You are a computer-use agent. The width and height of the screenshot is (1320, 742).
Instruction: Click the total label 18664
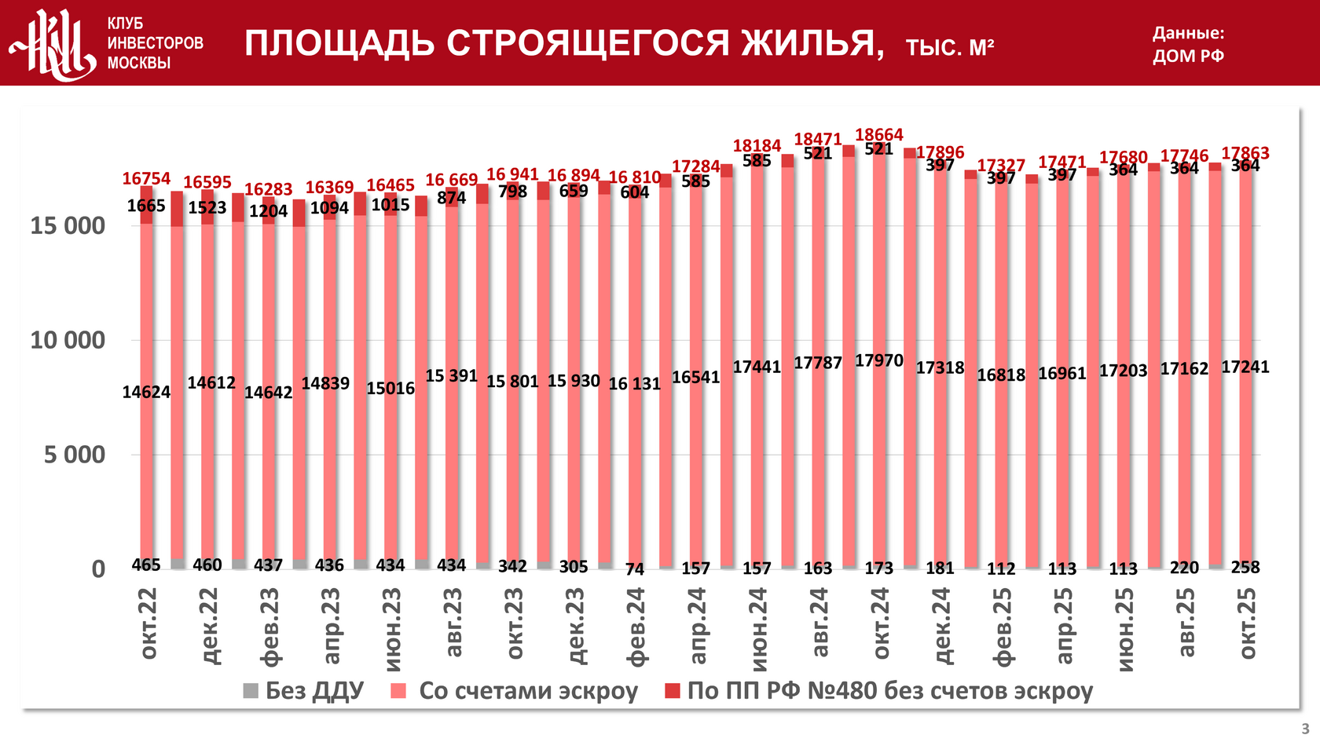pyautogui.click(x=879, y=135)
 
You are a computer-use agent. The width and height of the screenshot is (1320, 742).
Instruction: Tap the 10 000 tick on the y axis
pyautogui.click(x=68, y=340)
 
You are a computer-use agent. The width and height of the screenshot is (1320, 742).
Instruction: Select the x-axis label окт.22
pyautogui.click(x=148, y=623)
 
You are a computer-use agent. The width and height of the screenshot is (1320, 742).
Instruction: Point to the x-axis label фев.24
pyautogui.click(x=636, y=627)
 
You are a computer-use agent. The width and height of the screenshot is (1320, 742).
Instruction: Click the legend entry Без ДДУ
pyautogui.click(x=304, y=691)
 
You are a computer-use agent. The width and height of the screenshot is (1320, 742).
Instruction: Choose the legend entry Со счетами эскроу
pyautogui.click(x=515, y=691)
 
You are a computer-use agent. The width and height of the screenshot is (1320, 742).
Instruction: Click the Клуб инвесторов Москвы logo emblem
pyautogui.click(x=52, y=44)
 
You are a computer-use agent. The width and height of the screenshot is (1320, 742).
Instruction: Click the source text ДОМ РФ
pyautogui.click(x=1188, y=56)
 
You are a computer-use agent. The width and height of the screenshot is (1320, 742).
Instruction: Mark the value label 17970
pyautogui.click(x=879, y=360)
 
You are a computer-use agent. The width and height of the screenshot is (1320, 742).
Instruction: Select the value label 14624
pyautogui.click(x=146, y=392)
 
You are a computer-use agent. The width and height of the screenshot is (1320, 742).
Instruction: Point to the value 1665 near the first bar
pyautogui.click(x=146, y=206)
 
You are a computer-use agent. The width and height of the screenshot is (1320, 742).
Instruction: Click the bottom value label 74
pyautogui.click(x=635, y=568)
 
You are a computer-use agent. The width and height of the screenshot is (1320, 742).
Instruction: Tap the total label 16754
pyautogui.click(x=146, y=178)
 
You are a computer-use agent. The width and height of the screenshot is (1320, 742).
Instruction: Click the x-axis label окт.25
pyautogui.click(x=1247, y=623)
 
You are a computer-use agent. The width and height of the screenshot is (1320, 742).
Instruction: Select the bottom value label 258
pyautogui.click(x=1245, y=567)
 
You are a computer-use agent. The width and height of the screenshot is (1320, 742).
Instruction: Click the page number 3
pyautogui.click(x=1305, y=728)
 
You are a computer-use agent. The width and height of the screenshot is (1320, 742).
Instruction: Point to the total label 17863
pyautogui.click(x=1245, y=153)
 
